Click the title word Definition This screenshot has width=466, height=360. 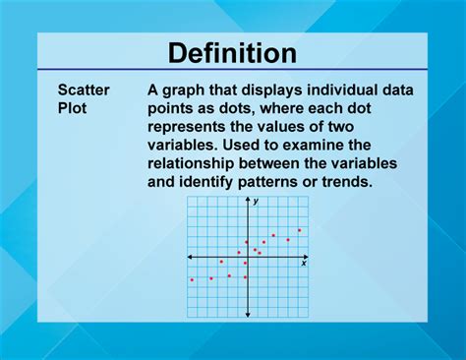coord(232,53)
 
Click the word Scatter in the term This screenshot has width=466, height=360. coord(84,90)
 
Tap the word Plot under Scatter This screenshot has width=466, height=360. coord(72,108)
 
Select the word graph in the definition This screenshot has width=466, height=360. coord(188,90)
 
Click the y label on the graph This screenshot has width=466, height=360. coord(256,201)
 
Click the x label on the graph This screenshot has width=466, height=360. coord(304,264)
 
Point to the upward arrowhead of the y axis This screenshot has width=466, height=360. coord(247,201)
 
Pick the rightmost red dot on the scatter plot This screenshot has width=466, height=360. coord(299,230)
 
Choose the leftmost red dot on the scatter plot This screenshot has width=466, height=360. coord(192,279)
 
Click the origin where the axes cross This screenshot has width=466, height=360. coord(247,257)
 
